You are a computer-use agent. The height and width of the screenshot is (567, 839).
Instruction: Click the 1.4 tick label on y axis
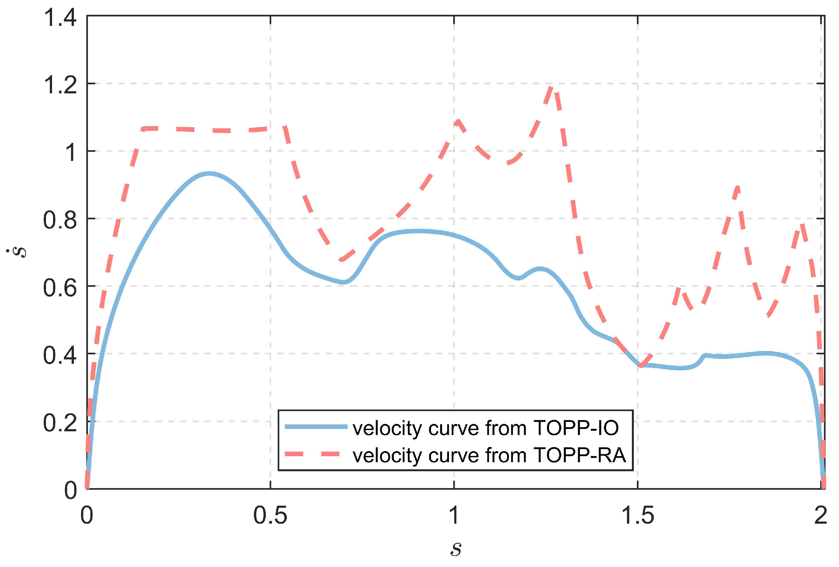[60, 17]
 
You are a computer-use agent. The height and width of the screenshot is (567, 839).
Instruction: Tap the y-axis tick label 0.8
[60, 220]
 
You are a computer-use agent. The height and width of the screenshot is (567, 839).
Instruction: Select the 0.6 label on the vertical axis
[60, 288]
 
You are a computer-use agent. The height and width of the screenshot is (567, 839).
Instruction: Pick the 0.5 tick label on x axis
[270, 515]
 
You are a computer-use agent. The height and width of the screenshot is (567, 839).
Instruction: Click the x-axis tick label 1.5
[637, 515]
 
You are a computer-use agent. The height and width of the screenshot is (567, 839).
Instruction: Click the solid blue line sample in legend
[316, 427]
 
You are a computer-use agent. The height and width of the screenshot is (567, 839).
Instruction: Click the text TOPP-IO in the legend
[576, 428]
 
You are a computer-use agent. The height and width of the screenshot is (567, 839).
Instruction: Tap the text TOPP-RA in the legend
[579, 455]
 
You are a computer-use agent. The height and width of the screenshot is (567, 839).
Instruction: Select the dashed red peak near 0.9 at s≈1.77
[737, 187]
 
